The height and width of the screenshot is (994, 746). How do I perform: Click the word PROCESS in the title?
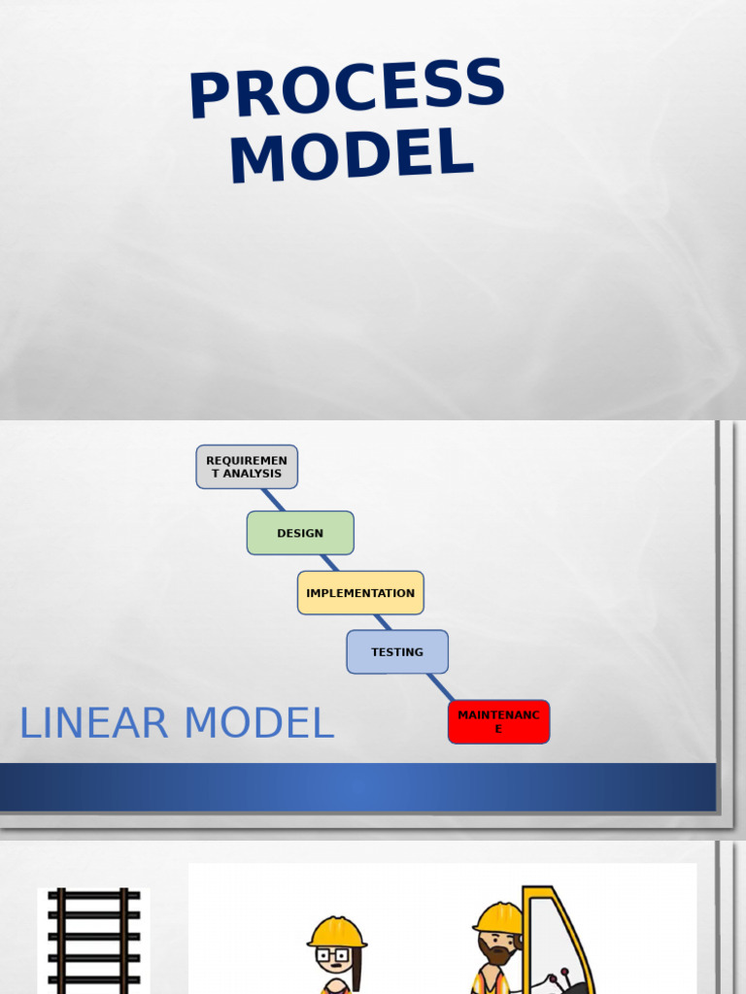tap(347, 88)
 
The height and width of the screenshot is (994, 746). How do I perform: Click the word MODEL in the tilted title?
tap(352, 155)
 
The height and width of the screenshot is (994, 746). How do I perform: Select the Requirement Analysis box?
tap(247, 467)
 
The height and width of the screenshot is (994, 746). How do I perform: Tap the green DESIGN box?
tap(300, 533)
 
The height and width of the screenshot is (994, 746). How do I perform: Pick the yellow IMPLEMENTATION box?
tap(360, 593)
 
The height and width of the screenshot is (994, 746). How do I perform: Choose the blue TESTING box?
tap(397, 652)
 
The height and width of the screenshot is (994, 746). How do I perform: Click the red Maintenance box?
tap(498, 722)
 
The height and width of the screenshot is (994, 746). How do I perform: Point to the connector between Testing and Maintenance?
tap(440, 686)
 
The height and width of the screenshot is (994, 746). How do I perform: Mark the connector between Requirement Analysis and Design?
tap(273, 500)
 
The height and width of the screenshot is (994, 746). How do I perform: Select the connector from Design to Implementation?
tap(330, 563)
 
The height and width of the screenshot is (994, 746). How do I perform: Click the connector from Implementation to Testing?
tap(383, 622)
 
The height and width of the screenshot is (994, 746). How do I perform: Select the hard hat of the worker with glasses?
tap(336, 932)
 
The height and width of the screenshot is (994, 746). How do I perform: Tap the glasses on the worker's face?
tap(332, 956)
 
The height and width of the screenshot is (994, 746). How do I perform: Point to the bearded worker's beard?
tap(496, 956)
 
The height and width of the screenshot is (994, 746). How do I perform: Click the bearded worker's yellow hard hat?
tap(498, 917)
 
